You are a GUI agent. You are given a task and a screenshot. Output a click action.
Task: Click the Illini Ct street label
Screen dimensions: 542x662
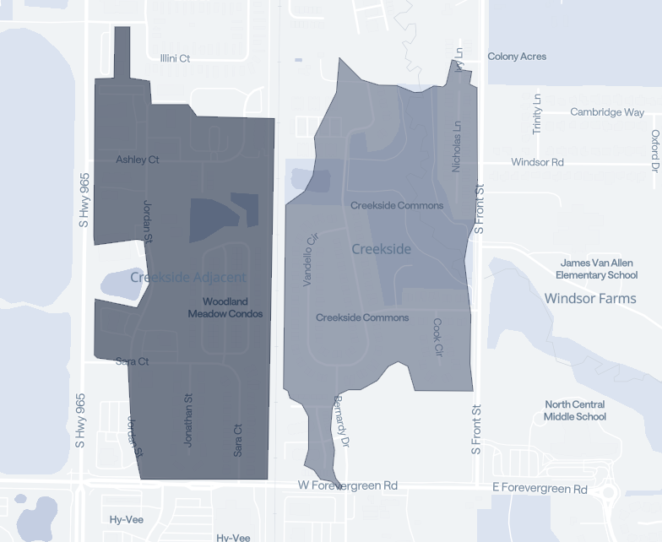point(175,58)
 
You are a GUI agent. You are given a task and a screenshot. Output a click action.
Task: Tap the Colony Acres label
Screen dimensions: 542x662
point(517,57)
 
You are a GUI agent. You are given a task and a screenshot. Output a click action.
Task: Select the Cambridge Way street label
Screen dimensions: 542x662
point(607,112)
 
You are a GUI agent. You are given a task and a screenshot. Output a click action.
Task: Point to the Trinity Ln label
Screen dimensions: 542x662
point(537,113)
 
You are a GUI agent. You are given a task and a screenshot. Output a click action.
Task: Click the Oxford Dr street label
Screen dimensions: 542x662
point(654,149)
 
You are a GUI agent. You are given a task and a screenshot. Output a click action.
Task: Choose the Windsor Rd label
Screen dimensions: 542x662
point(537,162)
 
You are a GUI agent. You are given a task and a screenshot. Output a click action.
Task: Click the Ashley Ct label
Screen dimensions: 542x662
point(138,160)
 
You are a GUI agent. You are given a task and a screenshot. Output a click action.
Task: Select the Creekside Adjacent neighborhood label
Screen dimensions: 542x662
point(188,277)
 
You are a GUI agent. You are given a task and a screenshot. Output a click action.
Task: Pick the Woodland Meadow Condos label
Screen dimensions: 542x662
point(225,307)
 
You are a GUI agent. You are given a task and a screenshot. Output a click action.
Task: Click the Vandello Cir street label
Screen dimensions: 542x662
point(309,260)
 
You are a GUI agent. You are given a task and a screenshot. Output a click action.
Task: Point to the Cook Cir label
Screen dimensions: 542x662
point(437,336)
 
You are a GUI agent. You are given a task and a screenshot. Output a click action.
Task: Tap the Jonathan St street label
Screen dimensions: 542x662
point(189,420)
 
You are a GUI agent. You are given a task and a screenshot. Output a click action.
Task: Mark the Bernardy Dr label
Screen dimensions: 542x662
point(340,419)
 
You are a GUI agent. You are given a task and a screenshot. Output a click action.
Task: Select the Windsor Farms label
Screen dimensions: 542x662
point(590,298)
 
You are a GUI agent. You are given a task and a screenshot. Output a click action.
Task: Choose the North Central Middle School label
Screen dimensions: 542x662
point(575,410)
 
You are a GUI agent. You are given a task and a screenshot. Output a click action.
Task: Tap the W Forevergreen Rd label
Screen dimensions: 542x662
point(347,486)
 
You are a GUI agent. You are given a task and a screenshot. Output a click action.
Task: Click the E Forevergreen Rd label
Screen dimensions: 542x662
point(540,489)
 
